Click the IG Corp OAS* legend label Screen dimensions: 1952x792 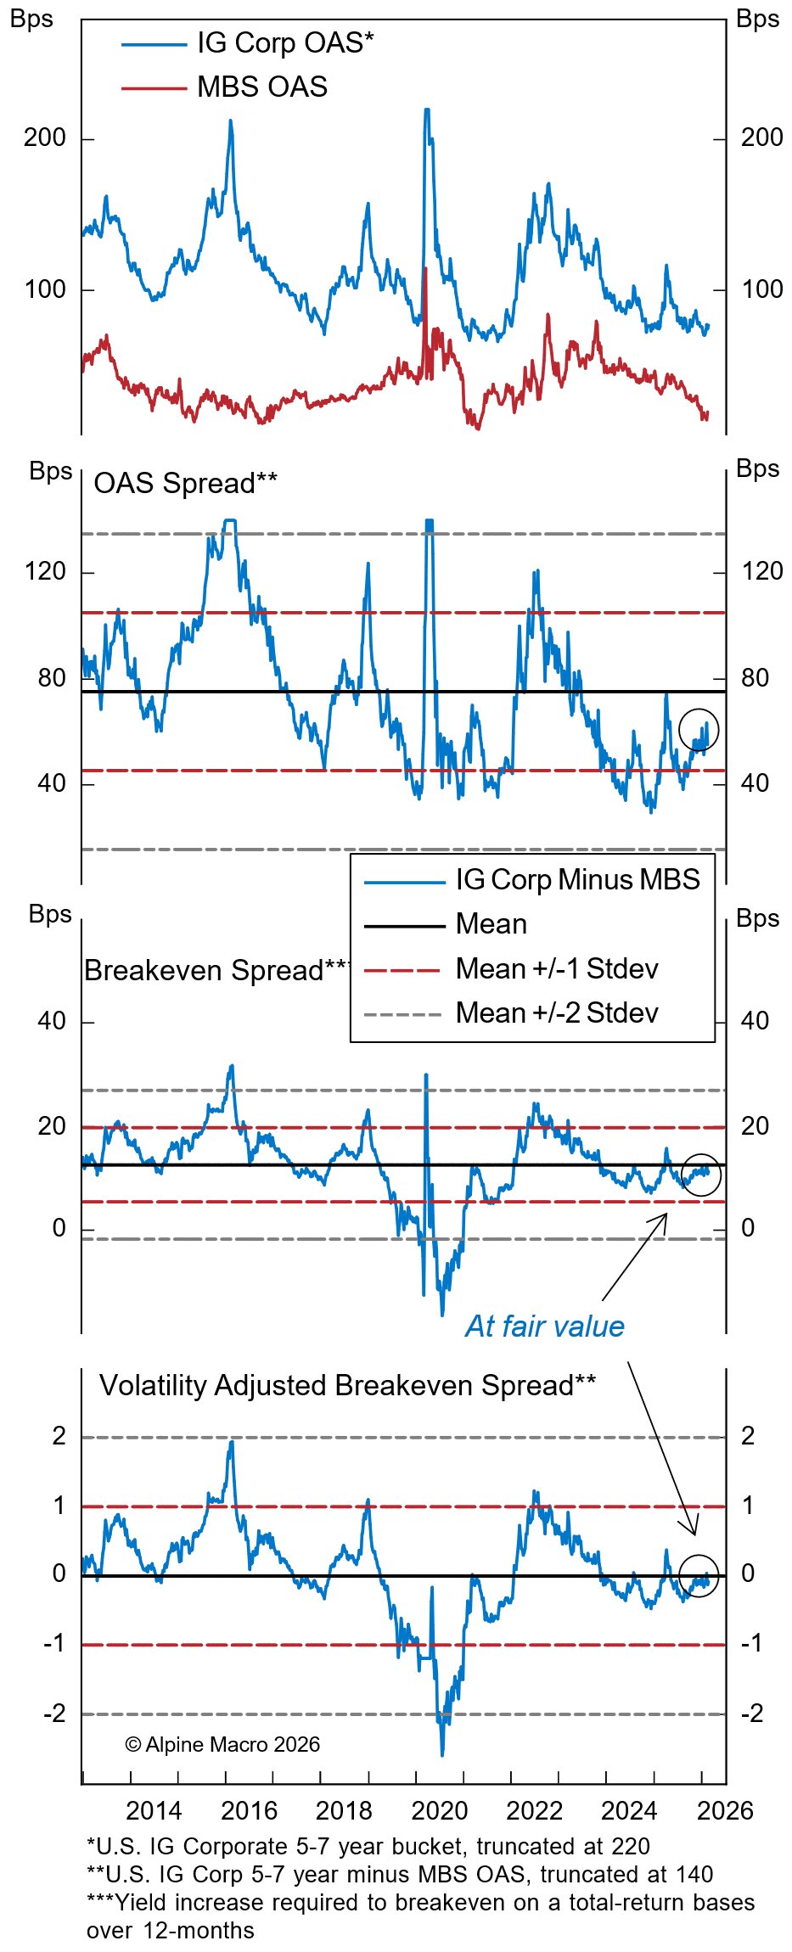coord(285,42)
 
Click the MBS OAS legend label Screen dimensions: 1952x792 coord(261,87)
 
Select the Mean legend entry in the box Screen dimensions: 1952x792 coord(491,923)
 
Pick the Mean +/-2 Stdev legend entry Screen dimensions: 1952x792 coord(556,1012)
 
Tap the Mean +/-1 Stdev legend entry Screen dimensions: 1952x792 coord(556,968)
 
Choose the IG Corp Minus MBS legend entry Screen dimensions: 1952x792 coord(577,879)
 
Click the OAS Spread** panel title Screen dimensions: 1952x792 coord(185,483)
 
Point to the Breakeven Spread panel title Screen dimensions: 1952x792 coord(216,970)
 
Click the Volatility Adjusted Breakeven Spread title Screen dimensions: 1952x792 coord(347,1385)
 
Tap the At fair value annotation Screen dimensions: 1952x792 coord(544,1326)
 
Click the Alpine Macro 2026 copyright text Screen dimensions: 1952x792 coord(222,1744)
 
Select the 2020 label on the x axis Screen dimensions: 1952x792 coord(439,1810)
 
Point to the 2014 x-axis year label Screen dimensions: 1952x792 coord(154,1810)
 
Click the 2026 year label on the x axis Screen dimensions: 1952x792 coord(724,1810)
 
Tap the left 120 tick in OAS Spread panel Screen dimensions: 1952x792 coord(45,571)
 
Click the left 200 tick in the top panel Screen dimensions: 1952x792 coord(45,137)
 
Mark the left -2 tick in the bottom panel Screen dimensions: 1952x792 coord(53,1713)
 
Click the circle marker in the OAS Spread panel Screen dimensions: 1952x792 coord(699,730)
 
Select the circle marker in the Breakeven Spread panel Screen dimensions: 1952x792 coord(701,1175)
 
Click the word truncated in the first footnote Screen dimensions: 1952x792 coord(524,1846)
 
